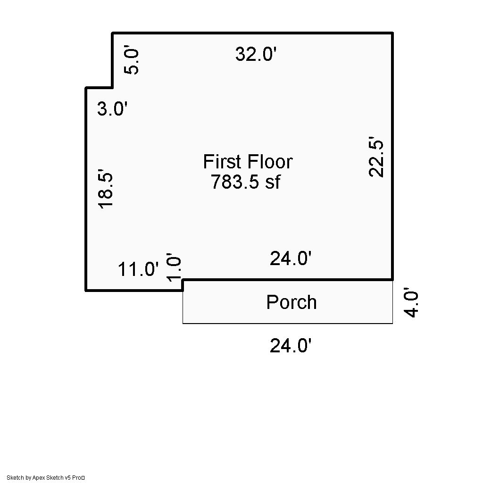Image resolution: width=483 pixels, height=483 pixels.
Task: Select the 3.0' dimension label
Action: click(112, 109)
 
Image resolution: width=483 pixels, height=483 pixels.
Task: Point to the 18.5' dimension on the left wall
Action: click(105, 189)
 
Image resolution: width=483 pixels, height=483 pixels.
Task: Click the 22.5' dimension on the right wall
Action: click(376, 157)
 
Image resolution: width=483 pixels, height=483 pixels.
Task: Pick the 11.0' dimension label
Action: click(138, 269)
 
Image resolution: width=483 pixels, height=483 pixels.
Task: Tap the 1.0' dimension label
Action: click(174, 267)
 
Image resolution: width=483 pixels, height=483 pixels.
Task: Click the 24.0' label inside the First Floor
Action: click(291, 258)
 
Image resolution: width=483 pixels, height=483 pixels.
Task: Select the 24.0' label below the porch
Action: click(291, 345)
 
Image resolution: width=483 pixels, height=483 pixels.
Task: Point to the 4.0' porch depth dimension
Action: click(411, 302)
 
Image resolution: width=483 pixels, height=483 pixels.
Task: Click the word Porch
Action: click(291, 302)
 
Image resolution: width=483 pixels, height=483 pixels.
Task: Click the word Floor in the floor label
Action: click(270, 161)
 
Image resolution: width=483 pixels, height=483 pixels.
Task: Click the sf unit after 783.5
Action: click(273, 182)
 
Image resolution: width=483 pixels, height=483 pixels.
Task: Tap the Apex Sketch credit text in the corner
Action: click(46, 478)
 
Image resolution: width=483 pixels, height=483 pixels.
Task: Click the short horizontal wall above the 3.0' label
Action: click(99, 88)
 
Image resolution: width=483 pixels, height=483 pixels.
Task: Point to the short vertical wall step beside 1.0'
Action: click(183, 285)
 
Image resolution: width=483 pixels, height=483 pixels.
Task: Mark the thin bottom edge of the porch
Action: click(288, 323)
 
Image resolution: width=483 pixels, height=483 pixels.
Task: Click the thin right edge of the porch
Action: click(392, 302)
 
